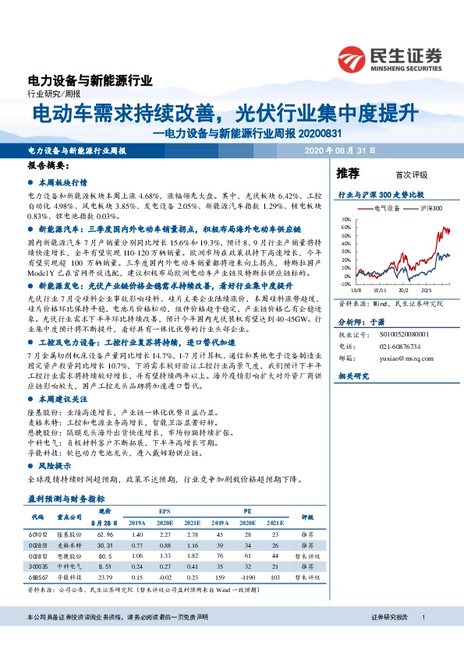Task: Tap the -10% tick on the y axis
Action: point(344,285)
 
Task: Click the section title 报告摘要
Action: point(48,166)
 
